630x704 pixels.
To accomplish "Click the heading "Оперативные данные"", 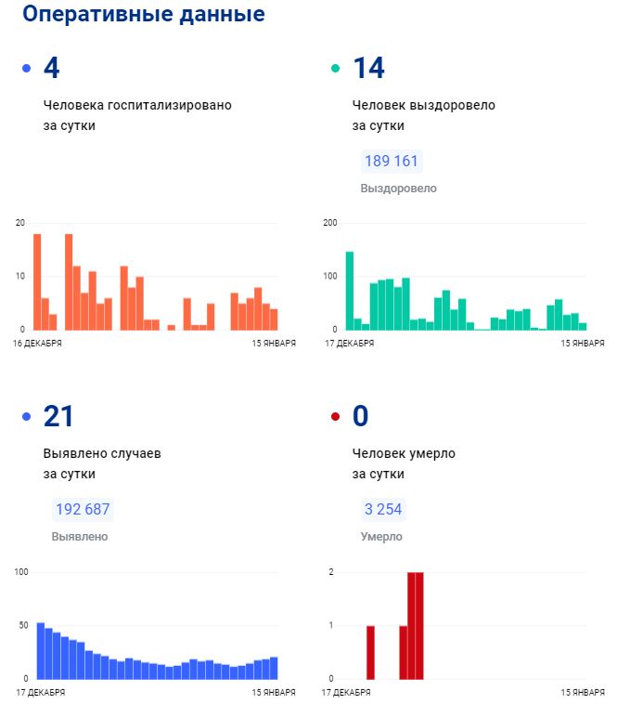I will tap(143, 15).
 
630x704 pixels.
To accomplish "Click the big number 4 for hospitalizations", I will tap(51, 68).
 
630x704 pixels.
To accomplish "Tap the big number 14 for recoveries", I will tap(368, 68).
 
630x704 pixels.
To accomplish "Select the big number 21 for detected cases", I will tap(58, 417).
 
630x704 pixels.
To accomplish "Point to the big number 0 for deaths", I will tap(361, 417).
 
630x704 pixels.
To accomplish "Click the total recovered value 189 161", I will tap(392, 162).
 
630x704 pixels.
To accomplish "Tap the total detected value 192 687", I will tap(83, 510).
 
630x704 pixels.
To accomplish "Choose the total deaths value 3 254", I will tap(383, 510).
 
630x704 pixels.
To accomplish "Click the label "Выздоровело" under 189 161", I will tap(398, 189).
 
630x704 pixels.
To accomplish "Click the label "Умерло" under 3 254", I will tap(380, 537).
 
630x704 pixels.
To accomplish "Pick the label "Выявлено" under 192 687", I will tap(80, 537).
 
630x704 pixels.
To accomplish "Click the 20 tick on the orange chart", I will tap(20, 223).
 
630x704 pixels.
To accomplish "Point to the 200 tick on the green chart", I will tap(329, 223).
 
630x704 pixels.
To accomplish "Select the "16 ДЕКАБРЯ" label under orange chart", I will tap(38, 344).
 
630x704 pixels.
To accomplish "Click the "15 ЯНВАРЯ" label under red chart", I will tap(583, 692).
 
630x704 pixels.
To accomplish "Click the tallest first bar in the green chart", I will tap(350, 291).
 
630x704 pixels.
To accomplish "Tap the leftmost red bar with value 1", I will tap(370, 652).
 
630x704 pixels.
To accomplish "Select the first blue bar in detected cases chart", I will tap(41, 650).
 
